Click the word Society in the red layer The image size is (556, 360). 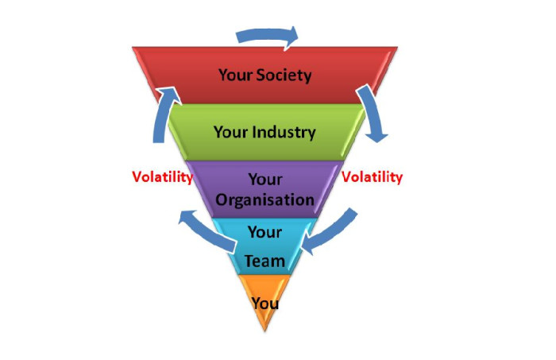tap(284, 75)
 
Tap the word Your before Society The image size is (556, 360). tap(235, 75)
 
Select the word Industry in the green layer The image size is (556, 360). tap(284, 132)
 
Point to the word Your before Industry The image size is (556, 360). tap(230, 132)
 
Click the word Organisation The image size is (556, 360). tap(264, 200)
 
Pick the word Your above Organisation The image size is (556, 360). tap(265, 179)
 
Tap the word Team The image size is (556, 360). tap(264, 261)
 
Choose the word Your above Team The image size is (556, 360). tap(264, 232)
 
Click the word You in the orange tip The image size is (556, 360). tap(264, 304)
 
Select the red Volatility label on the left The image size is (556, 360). tap(162, 176)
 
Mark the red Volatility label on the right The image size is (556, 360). tap(372, 176)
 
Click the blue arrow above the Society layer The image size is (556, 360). tap(266, 34)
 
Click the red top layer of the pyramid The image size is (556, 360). tap(264, 75)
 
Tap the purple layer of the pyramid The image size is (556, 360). tap(264, 190)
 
